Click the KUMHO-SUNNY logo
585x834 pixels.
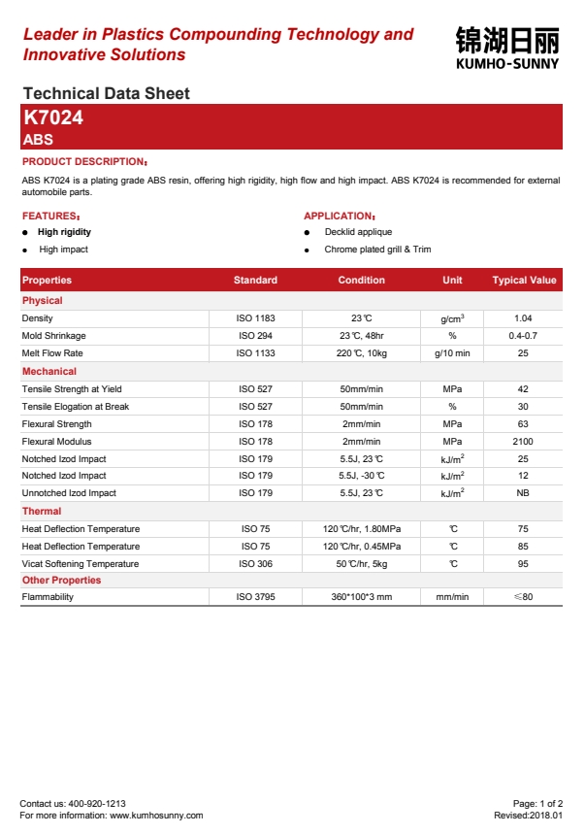pyautogui.click(x=506, y=48)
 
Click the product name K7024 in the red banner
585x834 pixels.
pyautogui.click(x=53, y=117)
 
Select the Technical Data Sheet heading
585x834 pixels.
pyautogui.click(x=106, y=93)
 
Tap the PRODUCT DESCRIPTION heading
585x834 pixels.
pyautogui.click(x=84, y=161)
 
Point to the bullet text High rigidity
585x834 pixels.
pyautogui.click(x=64, y=232)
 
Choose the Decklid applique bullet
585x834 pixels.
pyautogui.click(x=358, y=232)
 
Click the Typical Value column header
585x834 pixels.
pyautogui.click(x=524, y=280)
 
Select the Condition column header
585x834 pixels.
pyautogui.click(x=361, y=280)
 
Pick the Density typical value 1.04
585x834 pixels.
pyautogui.click(x=523, y=318)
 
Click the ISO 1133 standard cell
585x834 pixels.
pyautogui.click(x=256, y=353)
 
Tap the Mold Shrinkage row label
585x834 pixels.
pyautogui.click(x=53, y=336)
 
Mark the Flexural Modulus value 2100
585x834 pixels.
pyautogui.click(x=523, y=442)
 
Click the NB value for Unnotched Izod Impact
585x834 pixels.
pyautogui.click(x=523, y=493)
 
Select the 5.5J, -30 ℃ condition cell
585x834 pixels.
pyautogui.click(x=361, y=476)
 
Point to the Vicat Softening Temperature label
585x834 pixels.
pyautogui.click(x=81, y=564)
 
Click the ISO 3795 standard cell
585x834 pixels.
pyautogui.click(x=256, y=597)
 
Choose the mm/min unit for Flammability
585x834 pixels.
pyautogui.click(x=452, y=597)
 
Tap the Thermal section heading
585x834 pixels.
pyautogui.click(x=42, y=511)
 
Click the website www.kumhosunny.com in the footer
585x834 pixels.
pyautogui.click(x=156, y=816)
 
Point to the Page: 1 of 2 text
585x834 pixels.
pyautogui.click(x=537, y=804)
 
